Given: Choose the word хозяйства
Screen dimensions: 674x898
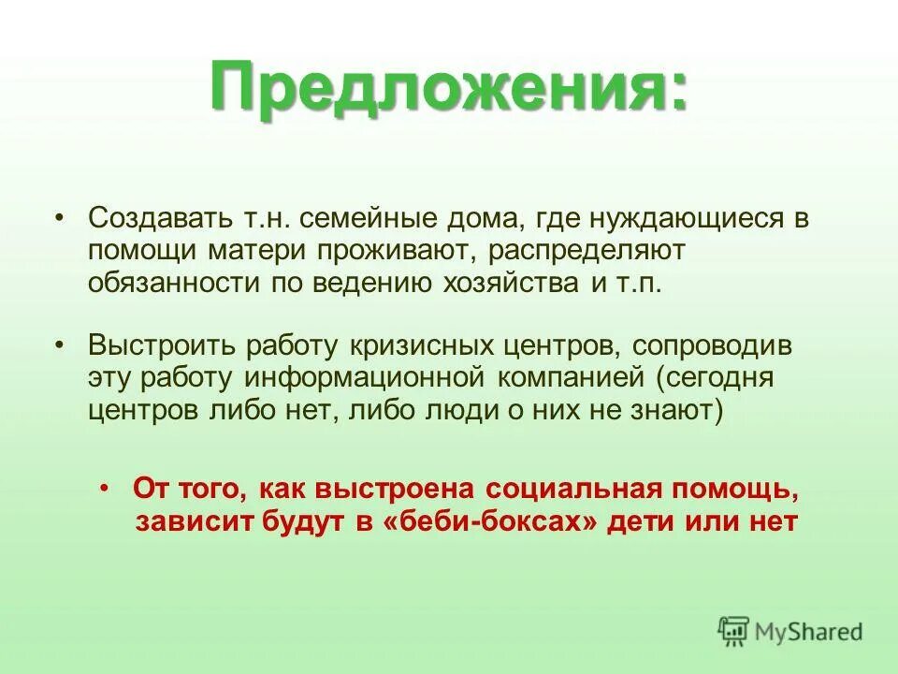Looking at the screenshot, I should (506, 284).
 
